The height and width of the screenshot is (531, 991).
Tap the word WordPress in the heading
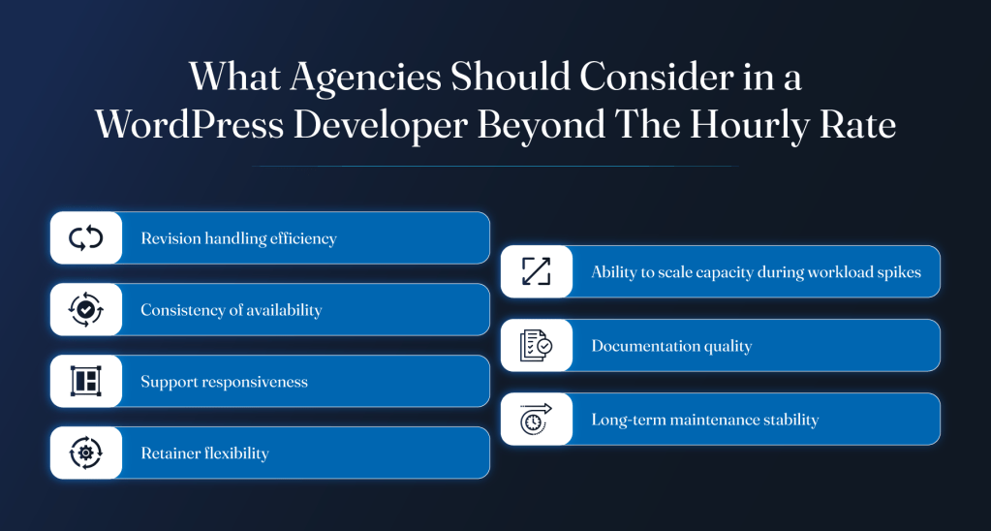click(x=190, y=126)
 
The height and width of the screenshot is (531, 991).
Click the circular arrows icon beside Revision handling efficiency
click(x=86, y=238)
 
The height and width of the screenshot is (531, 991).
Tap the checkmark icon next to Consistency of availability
click(x=86, y=310)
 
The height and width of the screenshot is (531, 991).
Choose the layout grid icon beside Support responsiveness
click(x=86, y=381)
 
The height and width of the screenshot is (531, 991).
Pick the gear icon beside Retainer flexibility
click(x=86, y=453)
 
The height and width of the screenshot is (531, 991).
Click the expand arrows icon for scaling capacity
click(x=537, y=272)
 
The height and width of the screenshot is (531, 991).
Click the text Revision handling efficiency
click(x=238, y=239)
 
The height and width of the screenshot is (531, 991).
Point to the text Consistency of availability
click(x=232, y=310)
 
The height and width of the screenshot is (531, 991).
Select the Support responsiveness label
click(x=225, y=382)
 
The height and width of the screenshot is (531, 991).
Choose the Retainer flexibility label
click(x=204, y=453)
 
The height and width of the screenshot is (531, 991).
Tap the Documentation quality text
click(x=672, y=347)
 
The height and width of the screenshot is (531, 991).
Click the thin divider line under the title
click(x=495, y=166)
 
